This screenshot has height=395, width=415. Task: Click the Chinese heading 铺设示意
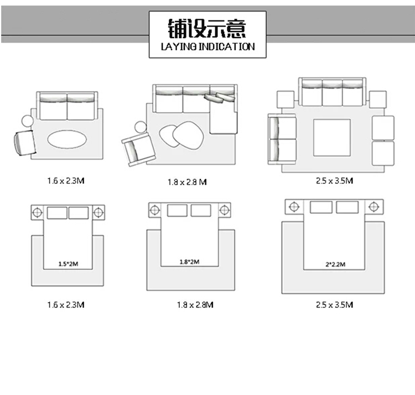(207, 27)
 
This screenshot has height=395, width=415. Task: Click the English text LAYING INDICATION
(207, 47)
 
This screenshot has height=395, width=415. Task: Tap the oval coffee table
(66, 139)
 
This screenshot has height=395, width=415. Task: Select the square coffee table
(331, 138)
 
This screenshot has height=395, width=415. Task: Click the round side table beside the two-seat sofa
(27, 122)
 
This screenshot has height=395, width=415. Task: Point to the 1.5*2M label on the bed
(67, 264)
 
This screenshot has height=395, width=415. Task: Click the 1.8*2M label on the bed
(189, 261)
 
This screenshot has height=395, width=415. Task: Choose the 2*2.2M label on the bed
(335, 265)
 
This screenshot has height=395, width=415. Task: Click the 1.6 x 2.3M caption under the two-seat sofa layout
(66, 180)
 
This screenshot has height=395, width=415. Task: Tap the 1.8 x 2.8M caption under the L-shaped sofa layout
(187, 182)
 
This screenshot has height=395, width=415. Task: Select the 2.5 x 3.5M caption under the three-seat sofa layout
(334, 180)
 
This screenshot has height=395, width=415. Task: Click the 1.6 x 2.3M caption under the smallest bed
(66, 304)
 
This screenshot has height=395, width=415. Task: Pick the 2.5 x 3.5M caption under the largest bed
(334, 304)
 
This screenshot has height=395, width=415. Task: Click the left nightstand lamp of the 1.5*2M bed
(37, 212)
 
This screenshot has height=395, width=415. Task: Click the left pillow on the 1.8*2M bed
(177, 210)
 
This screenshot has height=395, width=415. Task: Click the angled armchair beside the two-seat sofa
(24, 143)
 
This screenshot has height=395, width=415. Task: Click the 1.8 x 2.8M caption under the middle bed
(195, 304)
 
